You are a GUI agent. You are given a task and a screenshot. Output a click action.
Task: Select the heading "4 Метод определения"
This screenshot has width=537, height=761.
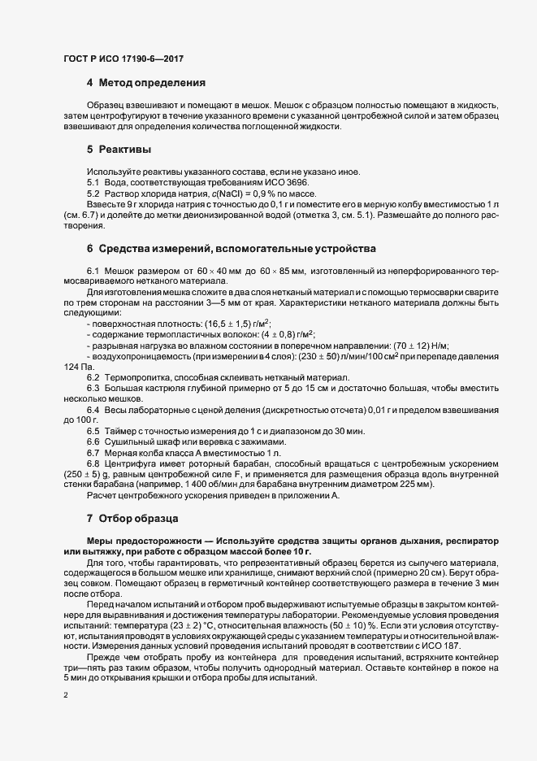tap(140, 83)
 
